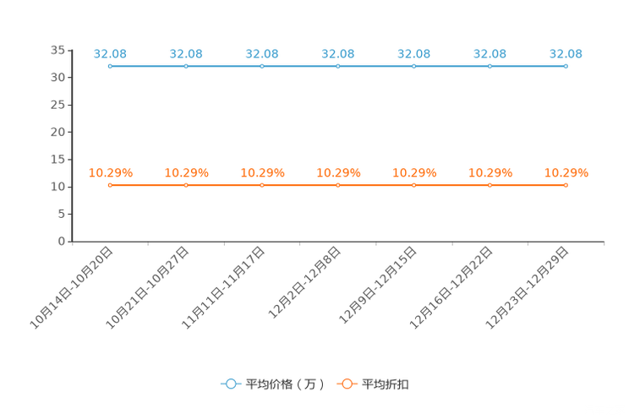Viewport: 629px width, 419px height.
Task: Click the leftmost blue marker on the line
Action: coord(110,66)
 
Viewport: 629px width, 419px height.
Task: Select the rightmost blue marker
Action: coord(566,66)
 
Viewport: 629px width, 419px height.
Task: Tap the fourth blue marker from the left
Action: coord(337,66)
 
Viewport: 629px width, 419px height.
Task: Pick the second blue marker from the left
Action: coord(186,66)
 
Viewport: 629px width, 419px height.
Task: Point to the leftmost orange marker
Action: coord(110,185)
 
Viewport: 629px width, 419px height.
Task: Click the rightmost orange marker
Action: coord(566,185)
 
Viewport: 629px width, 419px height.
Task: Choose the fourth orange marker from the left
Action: coord(337,185)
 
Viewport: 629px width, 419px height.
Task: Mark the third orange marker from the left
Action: coord(262,185)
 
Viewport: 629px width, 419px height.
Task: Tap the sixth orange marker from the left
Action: coord(490,185)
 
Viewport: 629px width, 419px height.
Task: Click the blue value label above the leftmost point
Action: coord(110,53)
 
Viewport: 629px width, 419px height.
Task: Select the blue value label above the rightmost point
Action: coord(566,53)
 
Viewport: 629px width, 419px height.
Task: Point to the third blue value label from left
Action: coord(262,53)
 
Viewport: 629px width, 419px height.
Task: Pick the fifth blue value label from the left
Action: coord(413,53)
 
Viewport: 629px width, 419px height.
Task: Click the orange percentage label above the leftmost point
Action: coord(110,172)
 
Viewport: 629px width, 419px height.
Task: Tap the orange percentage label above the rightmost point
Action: coord(566,172)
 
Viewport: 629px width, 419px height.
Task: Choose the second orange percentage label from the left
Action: coord(186,172)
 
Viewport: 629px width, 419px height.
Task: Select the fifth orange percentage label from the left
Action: coord(413,172)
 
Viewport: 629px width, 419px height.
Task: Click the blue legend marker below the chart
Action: coord(230,384)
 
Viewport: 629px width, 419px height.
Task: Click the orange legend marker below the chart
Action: coord(347,384)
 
